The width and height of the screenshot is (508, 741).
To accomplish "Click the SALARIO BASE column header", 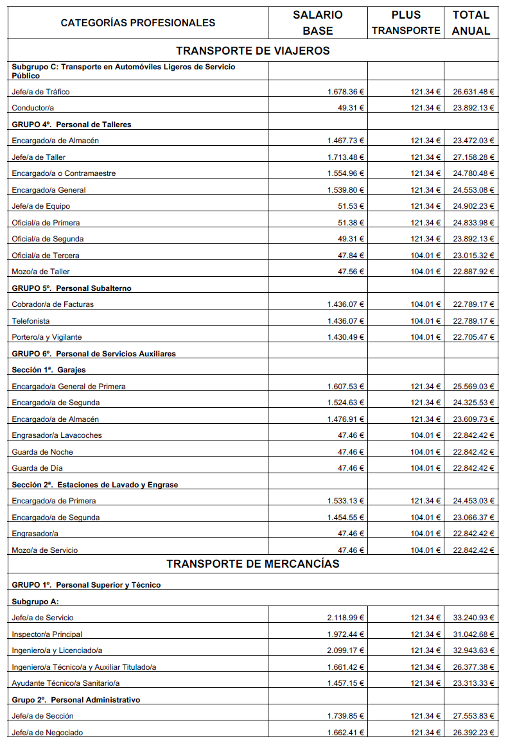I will click(x=317, y=22).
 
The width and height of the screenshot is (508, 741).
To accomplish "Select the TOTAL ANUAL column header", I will click(x=471, y=22).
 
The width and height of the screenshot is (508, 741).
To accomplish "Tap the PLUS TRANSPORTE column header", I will click(x=405, y=22).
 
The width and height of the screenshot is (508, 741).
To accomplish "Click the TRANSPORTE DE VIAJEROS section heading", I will click(x=253, y=51).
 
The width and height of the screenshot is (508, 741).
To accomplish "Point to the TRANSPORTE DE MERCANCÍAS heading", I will click(x=253, y=564).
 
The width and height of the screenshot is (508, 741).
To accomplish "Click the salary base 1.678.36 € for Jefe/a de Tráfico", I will click(x=346, y=92).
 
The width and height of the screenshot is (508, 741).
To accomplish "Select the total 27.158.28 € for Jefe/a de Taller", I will click(x=473, y=157).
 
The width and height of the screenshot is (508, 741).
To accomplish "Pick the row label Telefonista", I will click(x=31, y=321).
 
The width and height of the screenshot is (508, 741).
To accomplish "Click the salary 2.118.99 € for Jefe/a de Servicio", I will click(x=346, y=618).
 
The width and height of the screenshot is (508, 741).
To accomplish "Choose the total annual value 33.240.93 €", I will click(x=473, y=618).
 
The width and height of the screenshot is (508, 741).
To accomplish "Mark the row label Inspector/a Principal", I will click(x=47, y=634).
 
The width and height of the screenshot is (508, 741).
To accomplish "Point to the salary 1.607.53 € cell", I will click(x=346, y=387).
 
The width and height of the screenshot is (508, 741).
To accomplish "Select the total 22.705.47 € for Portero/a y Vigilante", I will click(x=473, y=337).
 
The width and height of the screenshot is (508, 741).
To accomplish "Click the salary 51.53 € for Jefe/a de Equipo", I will click(x=351, y=206).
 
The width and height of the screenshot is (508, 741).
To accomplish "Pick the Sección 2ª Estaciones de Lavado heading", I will click(x=95, y=485).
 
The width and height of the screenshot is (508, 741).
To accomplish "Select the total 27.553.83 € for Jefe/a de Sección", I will click(x=473, y=716).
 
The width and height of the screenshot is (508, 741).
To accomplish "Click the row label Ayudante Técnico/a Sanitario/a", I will click(x=66, y=683).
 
